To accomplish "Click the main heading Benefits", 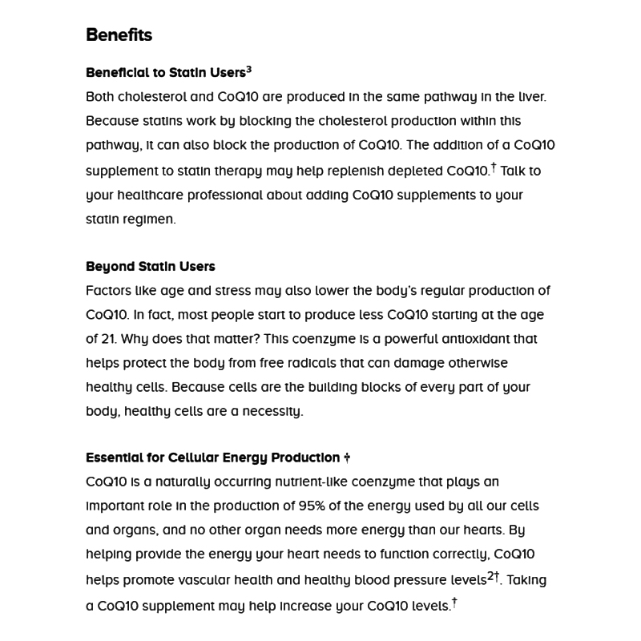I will [119, 35].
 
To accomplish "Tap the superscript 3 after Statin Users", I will [249, 70].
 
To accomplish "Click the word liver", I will [531, 97].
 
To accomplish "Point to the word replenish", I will [328, 171].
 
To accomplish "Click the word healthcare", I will [153, 195].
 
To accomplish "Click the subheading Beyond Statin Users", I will [151, 267].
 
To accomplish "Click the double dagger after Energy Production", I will [347, 458].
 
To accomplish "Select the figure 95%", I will [294, 506].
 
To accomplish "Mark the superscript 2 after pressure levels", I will [491, 575].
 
